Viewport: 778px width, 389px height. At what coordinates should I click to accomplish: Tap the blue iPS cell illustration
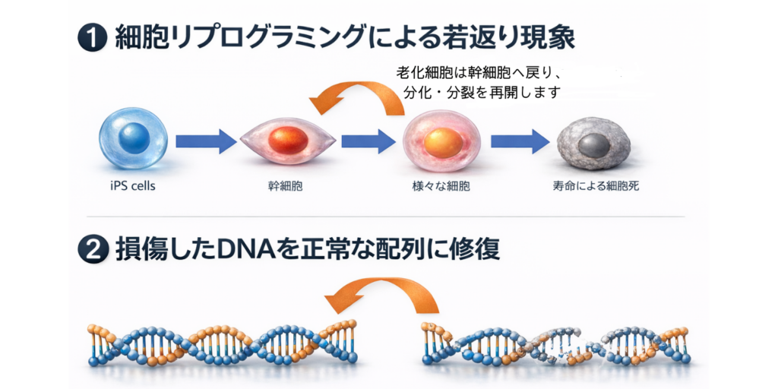click(x=133, y=138)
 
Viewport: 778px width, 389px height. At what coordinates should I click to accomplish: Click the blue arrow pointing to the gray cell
click(x=519, y=141)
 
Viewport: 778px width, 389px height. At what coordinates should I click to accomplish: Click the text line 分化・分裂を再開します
click(x=480, y=93)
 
